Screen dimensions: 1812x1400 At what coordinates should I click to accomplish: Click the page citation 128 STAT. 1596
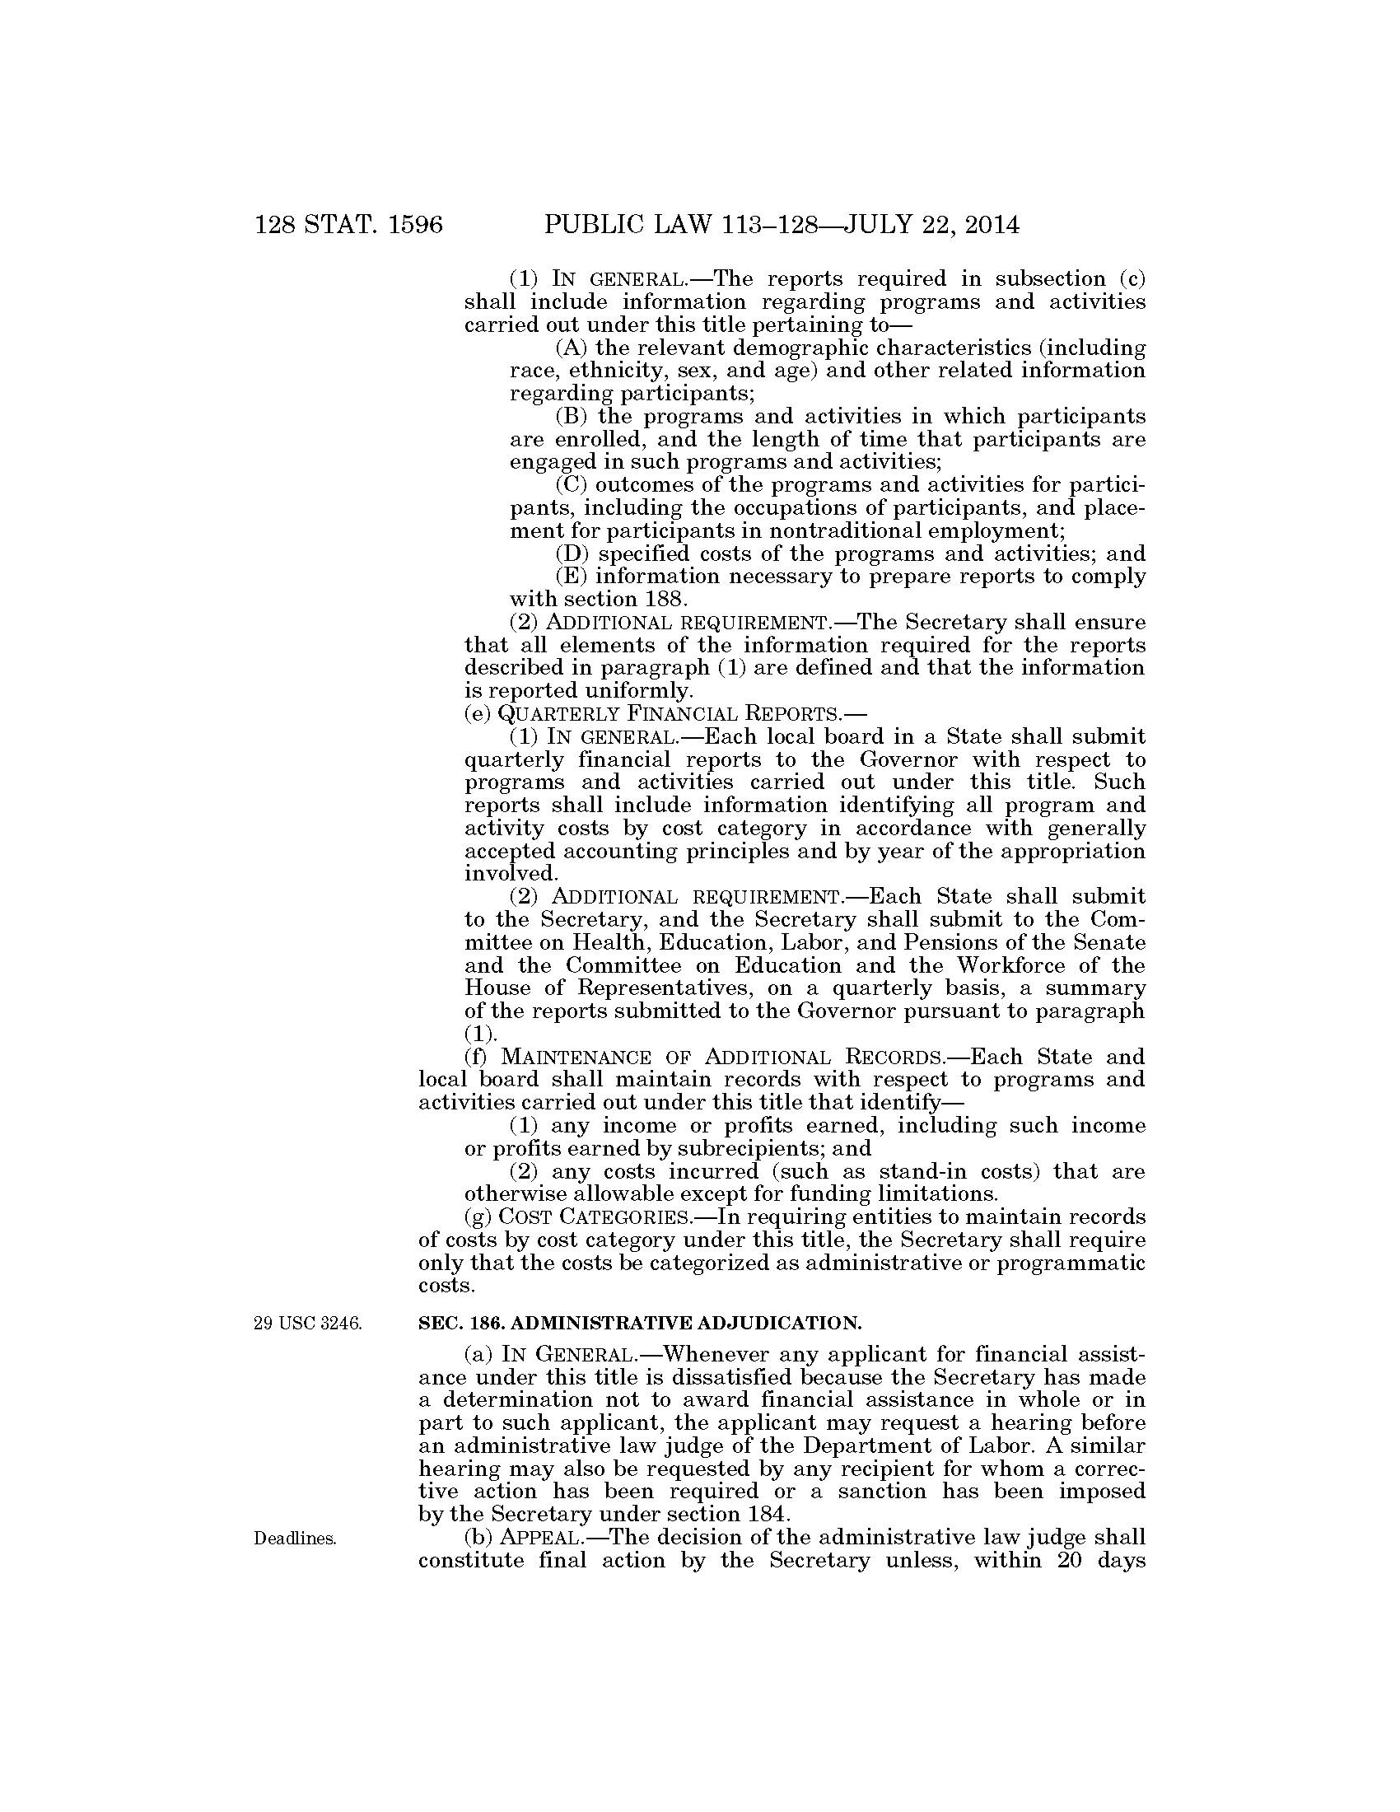coord(348,225)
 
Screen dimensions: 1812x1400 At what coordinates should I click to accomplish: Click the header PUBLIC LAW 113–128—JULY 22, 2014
coord(782,225)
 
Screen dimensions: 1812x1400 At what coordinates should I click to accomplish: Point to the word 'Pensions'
coord(959,942)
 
